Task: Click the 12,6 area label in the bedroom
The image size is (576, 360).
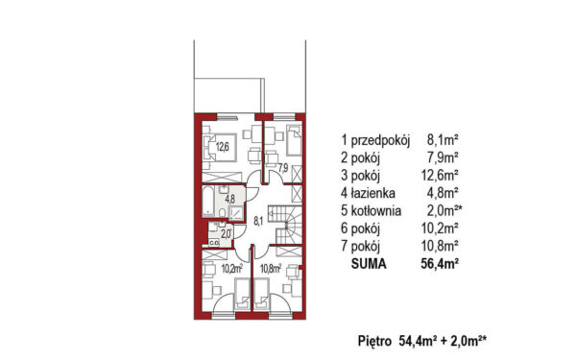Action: pyautogui.click(x=223, y=147)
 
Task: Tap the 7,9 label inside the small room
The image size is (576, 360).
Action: pyautogui.click(x=283, y=168)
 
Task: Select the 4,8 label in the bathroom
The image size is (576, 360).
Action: pyautogui.click(x=230, y=199)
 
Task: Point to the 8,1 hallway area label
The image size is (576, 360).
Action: pyautogui.click(x=258, y=221)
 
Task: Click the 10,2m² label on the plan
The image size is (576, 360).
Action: pyautogui.click(x=231, y=269)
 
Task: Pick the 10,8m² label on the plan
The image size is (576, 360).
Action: pyautogui.click(x=271, y=269)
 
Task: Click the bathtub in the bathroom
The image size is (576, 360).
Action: pyautogui.click(x=208, y=201)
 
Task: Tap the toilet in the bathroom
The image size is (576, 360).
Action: pyautogui.click(x=222, y=212)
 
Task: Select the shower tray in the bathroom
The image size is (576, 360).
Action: pyautogui.click(x=236, y=213)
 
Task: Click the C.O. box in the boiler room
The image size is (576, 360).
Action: pyautogui.click(x=214, y=243)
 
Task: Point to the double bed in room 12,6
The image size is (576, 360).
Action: pyautogui.click(x=219, y=147)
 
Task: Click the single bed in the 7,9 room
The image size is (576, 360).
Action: pyautogui.click(x=294, y=140)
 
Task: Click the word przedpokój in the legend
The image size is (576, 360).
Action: pyautogui.click(x=380, y=140)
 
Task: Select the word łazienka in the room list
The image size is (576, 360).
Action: pyautogui.click(x=372, y=193)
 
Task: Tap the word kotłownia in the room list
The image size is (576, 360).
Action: pyautogui.click(x=375, y=211)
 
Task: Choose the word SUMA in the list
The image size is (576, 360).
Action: pyautogui.click(x=369, y=264)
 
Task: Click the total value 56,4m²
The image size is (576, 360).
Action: pyautogui.click(x=440, y=264)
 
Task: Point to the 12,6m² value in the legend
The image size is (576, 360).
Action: pyautogui.click(x=440, y=176)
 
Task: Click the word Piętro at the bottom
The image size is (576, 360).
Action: pyautogui.click(x=374, y=341)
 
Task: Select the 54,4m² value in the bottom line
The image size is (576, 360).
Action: pyautogui.click(x=417, y=341)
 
